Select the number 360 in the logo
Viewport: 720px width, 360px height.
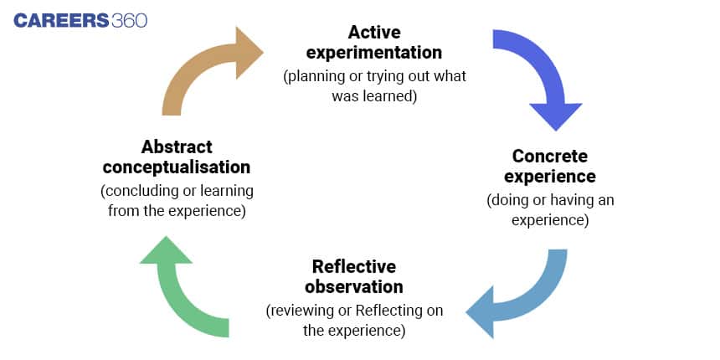coord(130,21)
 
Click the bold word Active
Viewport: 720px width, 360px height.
coord(374,32)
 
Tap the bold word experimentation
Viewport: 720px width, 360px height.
coord(374,53)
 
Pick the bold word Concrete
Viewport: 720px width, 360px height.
coord(550,156)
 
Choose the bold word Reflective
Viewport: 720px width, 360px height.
coord(354,266)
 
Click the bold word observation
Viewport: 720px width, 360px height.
coord(354,286)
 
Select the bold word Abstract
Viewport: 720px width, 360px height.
coord(177,147)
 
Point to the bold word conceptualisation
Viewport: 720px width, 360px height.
coord(177,167)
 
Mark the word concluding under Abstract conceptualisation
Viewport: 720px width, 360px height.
coord(136,191)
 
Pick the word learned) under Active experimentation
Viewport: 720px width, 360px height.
coord(394,96)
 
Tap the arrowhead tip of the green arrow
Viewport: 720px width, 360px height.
coord(165,236)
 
